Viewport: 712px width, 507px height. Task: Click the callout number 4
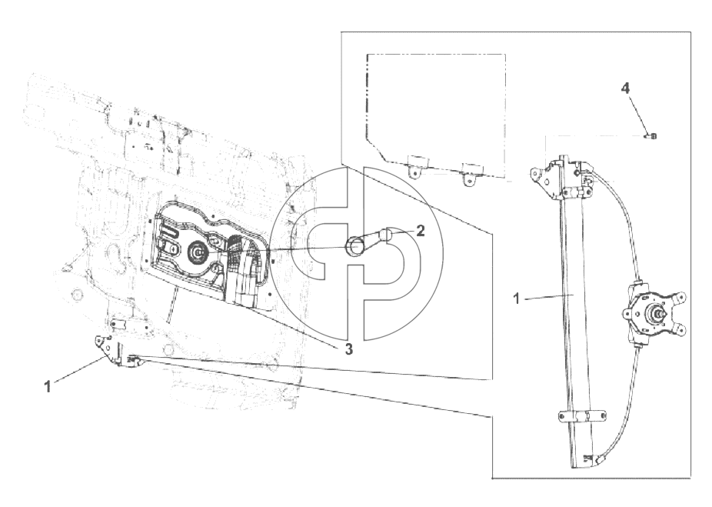click(x=625, y=88)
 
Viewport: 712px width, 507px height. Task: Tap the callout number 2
click(x=421, y=230)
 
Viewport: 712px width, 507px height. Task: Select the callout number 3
click(x=348, y=349)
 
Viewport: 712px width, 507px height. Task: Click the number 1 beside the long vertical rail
click(x=516, y=299)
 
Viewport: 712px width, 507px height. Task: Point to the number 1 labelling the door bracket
click(x=48, y=387)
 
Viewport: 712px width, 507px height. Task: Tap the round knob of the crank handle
click(x=388, y=235)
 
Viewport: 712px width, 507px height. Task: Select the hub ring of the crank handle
click(x=354, y=246)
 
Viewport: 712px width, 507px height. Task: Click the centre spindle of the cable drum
click(x=657, y=313)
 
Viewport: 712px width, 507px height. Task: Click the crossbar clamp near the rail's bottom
click(x=581, y=416)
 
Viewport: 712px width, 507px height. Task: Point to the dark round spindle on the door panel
click(x=198, y=252)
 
